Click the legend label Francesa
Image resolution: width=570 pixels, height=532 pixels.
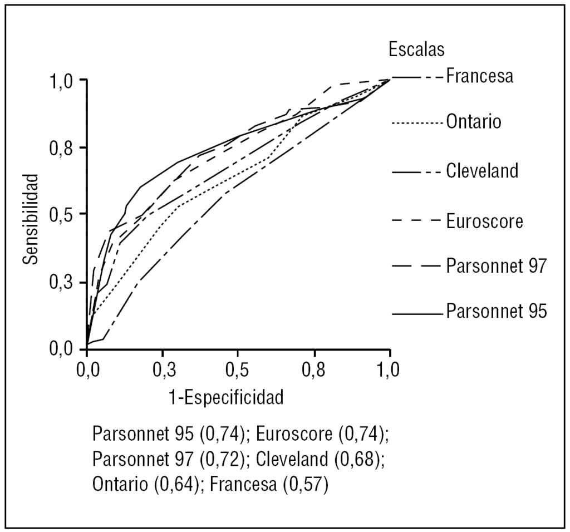click(x=479, y=76)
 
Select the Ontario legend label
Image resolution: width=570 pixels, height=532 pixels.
click(x=473, y=122)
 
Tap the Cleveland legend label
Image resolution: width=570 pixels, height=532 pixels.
click(x=482, y=170)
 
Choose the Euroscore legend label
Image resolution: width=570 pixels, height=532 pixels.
click(x=484, y=221)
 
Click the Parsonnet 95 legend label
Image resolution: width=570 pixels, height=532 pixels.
click(x=497, y=311)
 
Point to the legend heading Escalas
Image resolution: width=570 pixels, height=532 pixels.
click(x=416, y=49)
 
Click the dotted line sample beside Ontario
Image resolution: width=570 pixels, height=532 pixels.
click(x=417, y=122)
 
